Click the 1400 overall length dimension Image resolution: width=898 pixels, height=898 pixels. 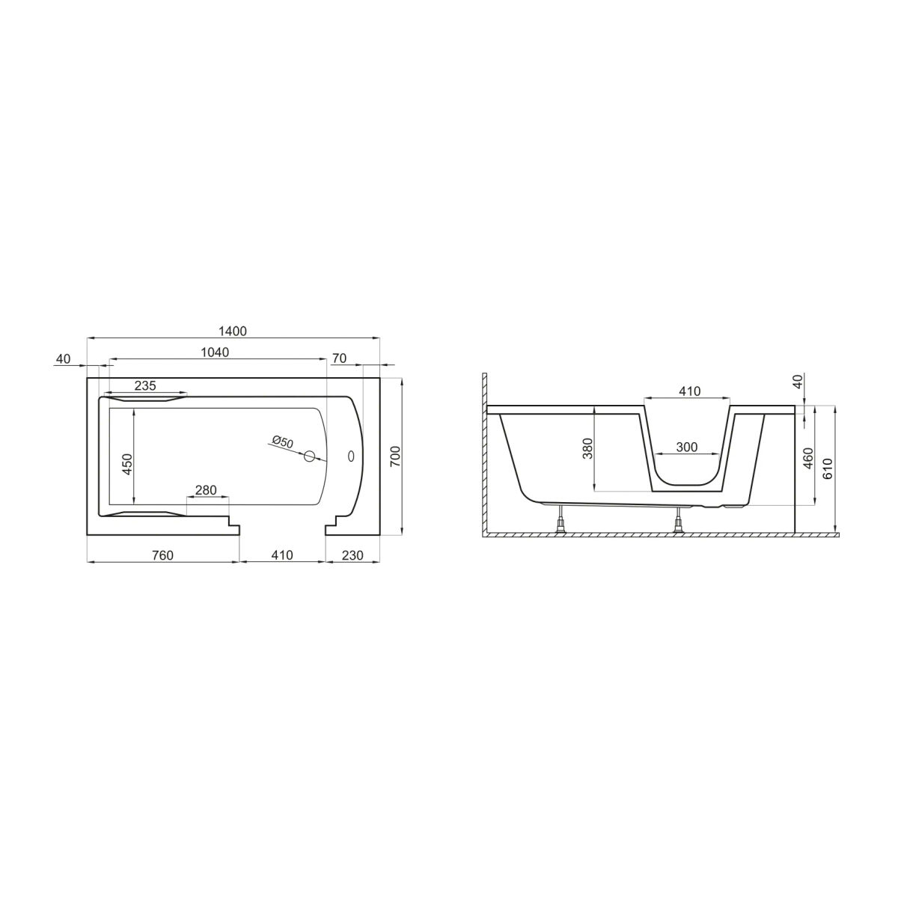pyautogui.click(x=233, y=331)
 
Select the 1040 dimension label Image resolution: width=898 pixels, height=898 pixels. pyautogui.click(x=215, y=352)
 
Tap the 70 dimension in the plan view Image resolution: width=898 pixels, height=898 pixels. pyautogui.click(x=340, y=358)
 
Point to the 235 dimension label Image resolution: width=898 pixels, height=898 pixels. pyautogui.click(x=145, y=385)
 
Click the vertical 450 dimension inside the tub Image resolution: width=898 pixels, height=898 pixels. pyautogui.click(x=129, y=464)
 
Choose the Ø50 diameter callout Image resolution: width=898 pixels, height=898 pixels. pyautogui.click(x=283, y=442)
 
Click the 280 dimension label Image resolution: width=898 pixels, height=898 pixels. pyautogui.click(x=206, y=490)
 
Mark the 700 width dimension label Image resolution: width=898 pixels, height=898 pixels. pyautogui.click(x=395, y=457)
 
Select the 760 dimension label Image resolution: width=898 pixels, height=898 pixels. pyautogui.click(x=163, y=555)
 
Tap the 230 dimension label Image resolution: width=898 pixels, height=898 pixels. pyautogui.click(x=352, y=555)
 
